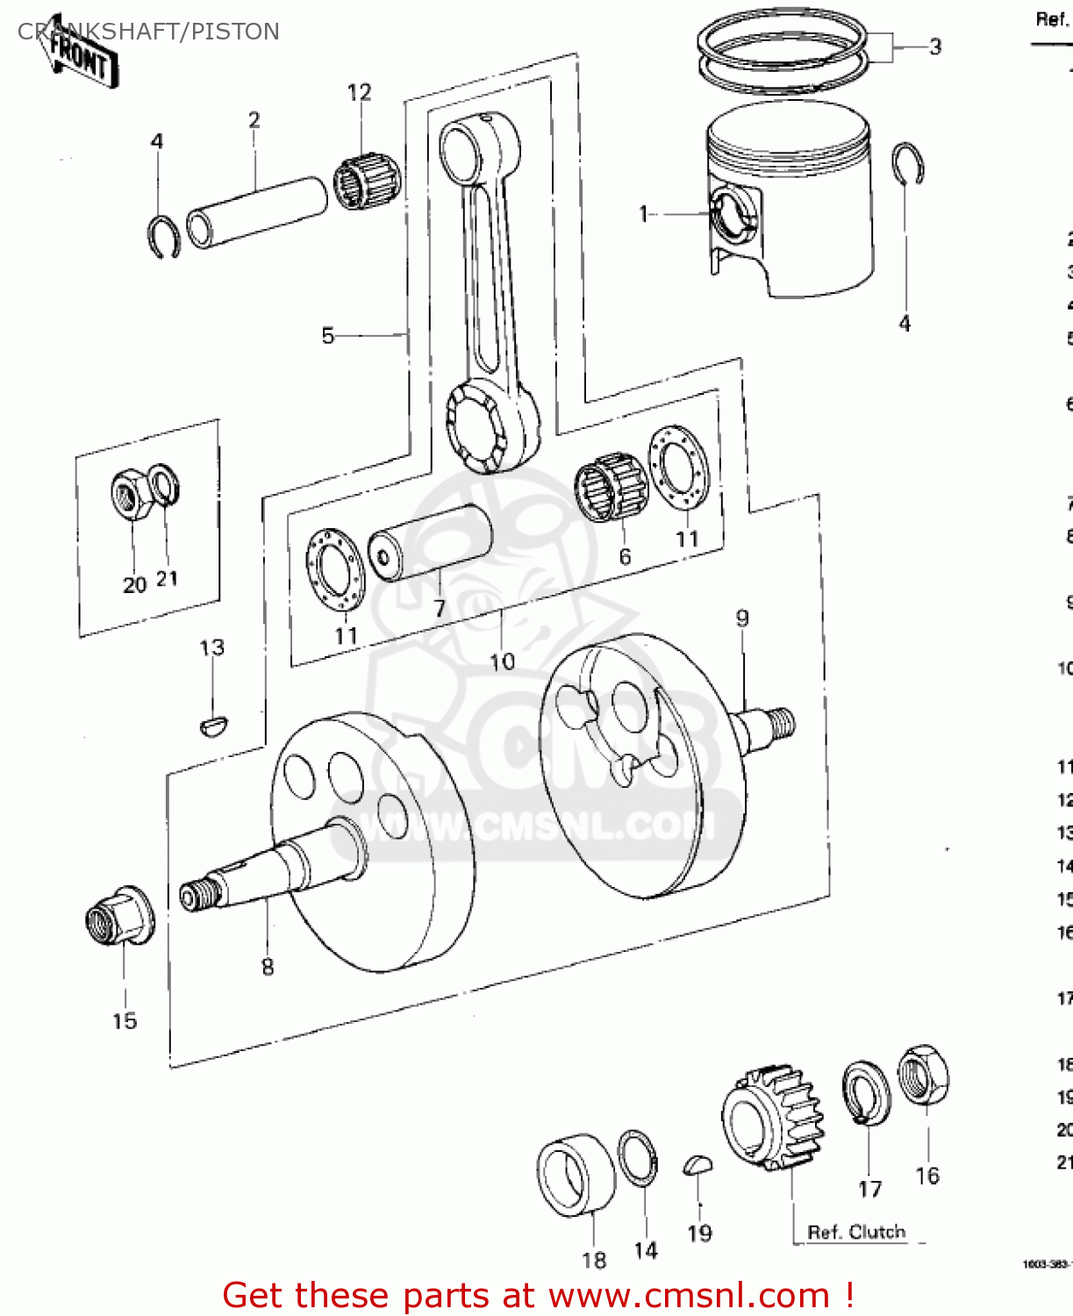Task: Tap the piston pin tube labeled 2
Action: click(256, 211)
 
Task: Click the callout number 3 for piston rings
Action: click(935, 46)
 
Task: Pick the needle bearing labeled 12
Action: click(367, 181)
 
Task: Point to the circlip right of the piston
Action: click(908, 164)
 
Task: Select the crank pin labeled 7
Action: click(430, 542)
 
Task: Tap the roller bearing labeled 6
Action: click(611, 487)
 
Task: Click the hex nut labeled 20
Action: click(131, 494)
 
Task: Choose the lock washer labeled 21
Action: click(164, 486)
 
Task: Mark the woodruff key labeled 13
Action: click(213, 726)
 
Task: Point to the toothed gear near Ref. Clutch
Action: click(775, 1118)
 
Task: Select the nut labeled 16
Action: click(924, 1075)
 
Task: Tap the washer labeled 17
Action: click(866, 1092)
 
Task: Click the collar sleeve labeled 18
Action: click(575, 1175)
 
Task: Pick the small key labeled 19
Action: click(697, 1165)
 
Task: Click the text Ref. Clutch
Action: click(855, 1232)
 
